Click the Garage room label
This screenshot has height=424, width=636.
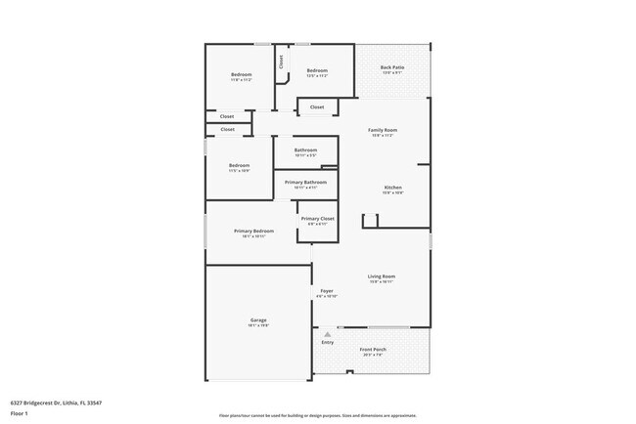pos(258,320)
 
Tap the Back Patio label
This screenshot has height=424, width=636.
pos(392,67)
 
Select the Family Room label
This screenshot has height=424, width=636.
pos(382,130)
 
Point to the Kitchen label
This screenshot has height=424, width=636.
pos(392,188)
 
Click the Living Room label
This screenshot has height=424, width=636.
pos(381,276)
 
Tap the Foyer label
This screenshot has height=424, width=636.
pos(327,290)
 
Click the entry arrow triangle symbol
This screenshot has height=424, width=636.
pos(328,334)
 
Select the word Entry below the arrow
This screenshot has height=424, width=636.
pos(327,343)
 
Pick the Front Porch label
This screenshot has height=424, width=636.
pos(373,350)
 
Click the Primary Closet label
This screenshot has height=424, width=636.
pos(317,219)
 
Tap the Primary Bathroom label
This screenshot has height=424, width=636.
pos(305,183)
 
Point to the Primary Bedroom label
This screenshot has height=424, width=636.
pos(253,232)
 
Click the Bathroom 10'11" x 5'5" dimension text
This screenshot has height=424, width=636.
pos(305,155)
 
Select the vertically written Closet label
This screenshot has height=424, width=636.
pos(282,61)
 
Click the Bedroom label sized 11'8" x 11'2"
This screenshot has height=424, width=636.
pos(241,75)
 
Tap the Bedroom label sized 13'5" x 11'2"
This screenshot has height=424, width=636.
pos(317,70)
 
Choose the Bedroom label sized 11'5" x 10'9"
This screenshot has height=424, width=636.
pos(239,165)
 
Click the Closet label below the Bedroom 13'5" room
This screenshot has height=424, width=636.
pos(317,107)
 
